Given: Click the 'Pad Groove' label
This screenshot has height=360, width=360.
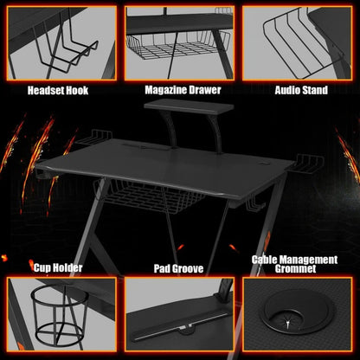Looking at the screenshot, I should (179, 268).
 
